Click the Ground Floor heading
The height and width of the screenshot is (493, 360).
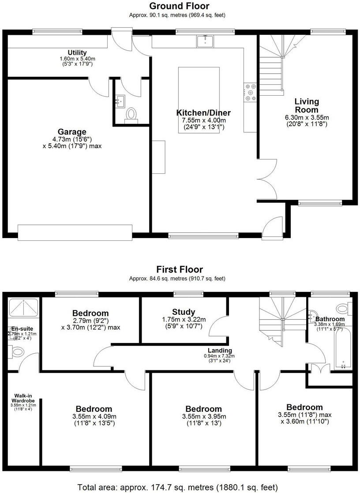coord(179,6)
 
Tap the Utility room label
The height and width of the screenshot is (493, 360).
coord(77,53)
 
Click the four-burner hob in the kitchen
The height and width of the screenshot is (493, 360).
coord(251,90)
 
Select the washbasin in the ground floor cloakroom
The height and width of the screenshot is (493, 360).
coord(119,101)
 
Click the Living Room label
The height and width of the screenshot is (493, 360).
coord(307,105)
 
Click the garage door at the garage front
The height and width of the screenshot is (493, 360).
coord(75,232)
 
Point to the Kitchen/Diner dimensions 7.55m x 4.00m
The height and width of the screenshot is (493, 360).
coord(204,121)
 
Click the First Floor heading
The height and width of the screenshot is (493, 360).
coord(179,269)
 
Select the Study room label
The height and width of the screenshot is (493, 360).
coord(184,312)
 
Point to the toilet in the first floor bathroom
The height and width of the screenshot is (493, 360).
coord(342,307)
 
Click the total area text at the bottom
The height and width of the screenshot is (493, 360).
coord(178,487)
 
